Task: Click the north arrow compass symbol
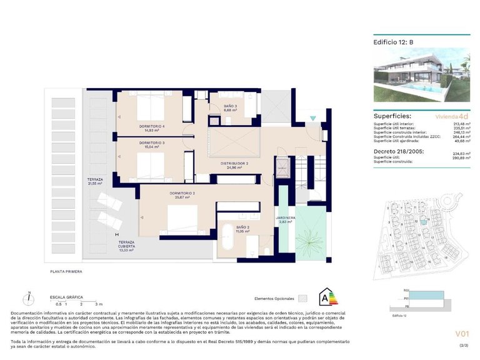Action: pyautogui.click(x=29, y=299)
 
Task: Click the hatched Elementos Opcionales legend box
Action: pyautogui.click(x=304, y=298)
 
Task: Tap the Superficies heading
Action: pyautogui.click(x=392, y=116)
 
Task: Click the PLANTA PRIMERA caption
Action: pyautogui.click(x=66, y=272)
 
